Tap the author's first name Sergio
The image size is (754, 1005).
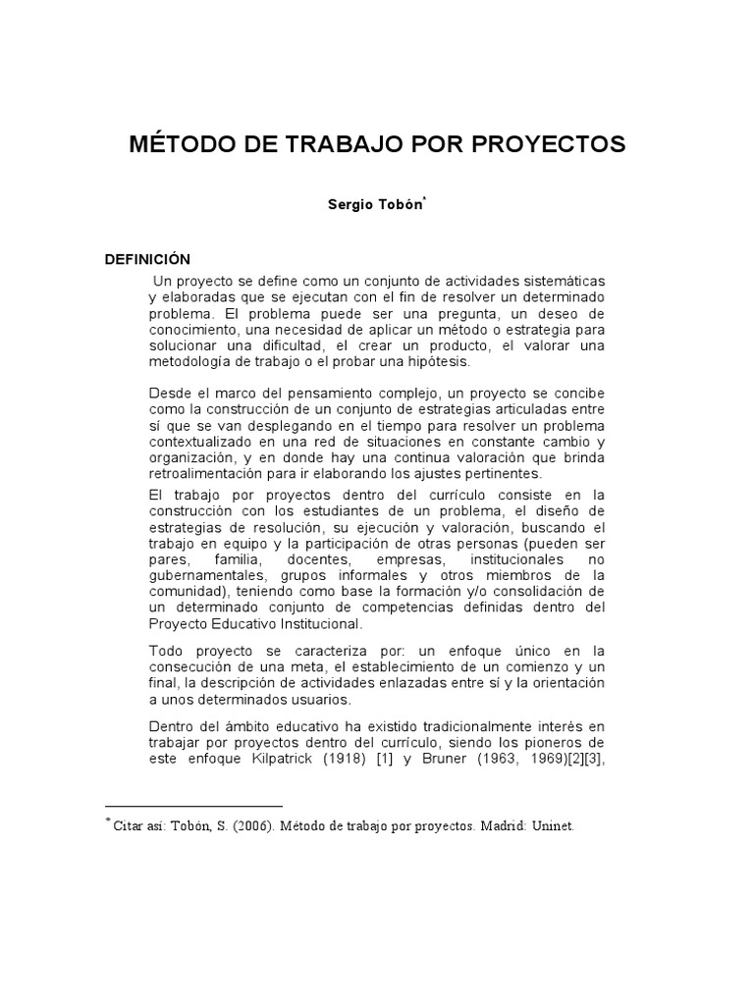[x=350, y=207]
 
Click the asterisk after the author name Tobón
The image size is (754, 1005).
[x=424, y=202]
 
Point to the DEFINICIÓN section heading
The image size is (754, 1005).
[x=147, y=259]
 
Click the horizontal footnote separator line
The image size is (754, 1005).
[x=193, y=806]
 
